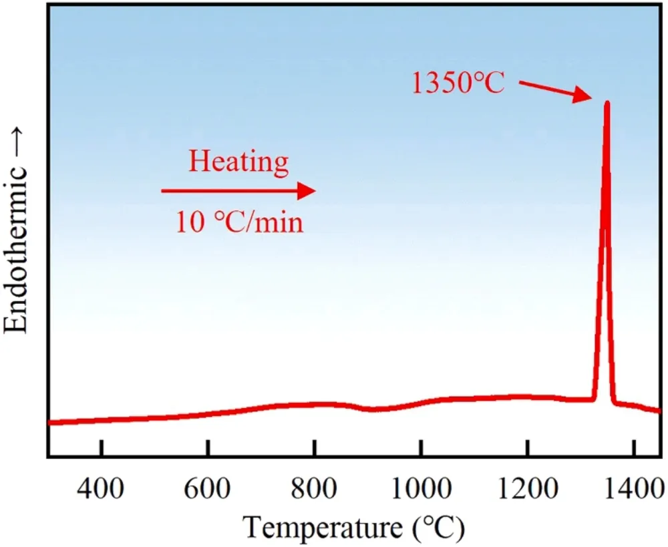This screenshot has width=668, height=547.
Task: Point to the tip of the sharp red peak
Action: [607, 103]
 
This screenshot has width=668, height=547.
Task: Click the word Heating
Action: [238, 162]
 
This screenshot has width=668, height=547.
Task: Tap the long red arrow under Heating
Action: [238, 192]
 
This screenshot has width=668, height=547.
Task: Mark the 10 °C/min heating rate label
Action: [239, 222]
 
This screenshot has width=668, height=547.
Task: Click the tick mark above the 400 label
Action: [101, 447]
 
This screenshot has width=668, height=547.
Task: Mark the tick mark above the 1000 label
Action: [420, 447]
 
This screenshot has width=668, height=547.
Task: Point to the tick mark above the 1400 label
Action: [633, 447]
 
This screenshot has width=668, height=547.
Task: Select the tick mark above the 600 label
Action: [208, 447]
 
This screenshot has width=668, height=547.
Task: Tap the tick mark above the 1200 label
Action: [527, 447]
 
